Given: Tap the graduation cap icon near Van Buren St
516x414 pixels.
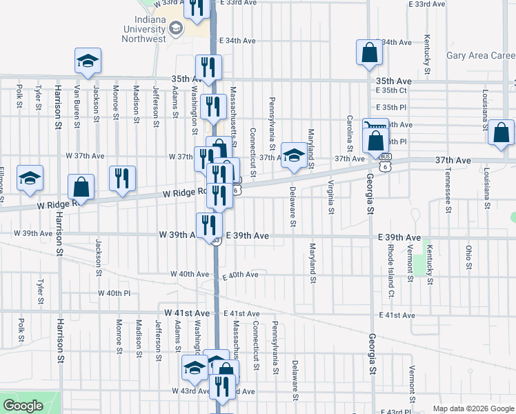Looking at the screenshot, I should pos(88,61).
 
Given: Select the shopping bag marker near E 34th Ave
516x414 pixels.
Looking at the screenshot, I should pos(370,52).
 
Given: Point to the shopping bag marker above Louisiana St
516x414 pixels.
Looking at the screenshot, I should pos(501,132).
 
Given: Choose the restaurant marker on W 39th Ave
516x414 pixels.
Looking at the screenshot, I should pos(209,225).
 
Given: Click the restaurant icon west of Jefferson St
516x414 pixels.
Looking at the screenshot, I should pos(122,179).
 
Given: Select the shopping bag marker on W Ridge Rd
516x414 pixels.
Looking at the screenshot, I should pos(81,187).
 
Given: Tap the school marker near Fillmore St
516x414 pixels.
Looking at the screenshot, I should pos(30,179).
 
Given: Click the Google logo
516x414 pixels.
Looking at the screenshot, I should pos(23,406).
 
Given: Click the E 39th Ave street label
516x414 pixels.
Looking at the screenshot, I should pos(246,236).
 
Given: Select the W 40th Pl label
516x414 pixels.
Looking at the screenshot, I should pos(114,293).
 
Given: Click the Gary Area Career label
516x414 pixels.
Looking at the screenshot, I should pos(481,56).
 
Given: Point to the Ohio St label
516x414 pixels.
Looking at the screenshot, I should pos(468,256).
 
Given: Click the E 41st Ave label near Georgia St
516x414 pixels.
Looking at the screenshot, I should pos(397,315).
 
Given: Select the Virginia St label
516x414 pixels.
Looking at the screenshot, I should pos(331,196).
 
